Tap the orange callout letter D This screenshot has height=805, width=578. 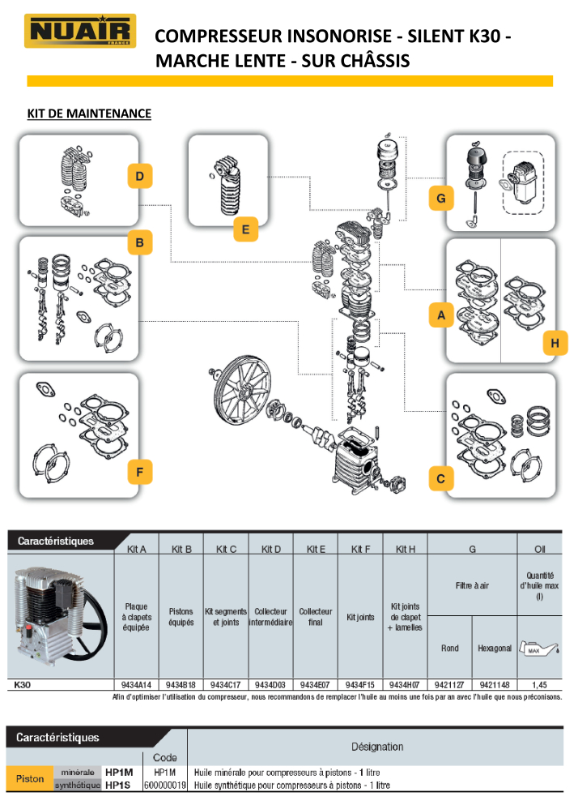(x=140, y=176)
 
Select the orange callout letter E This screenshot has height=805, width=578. (x=244, y=230)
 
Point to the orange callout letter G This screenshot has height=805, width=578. (x=440, y=198)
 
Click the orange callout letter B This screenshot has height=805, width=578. (x=140, y=242)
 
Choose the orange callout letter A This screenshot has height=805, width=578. (x=440, y=315)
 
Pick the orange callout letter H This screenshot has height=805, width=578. (x=555, y=344)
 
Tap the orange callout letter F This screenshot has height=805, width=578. (x=140, y=472)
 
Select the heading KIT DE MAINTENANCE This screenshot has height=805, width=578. (x=89, y=113)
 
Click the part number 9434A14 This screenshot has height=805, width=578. (x=136, y=684)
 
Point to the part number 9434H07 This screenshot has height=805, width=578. (x=405, y=684)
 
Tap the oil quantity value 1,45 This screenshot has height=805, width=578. (x=539, y=684)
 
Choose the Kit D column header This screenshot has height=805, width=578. (x=271, y=549)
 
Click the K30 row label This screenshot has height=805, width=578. (x=23, y=684)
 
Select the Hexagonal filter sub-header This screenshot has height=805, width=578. (x=495, y=649)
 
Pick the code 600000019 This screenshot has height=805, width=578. (x=165, y=785)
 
